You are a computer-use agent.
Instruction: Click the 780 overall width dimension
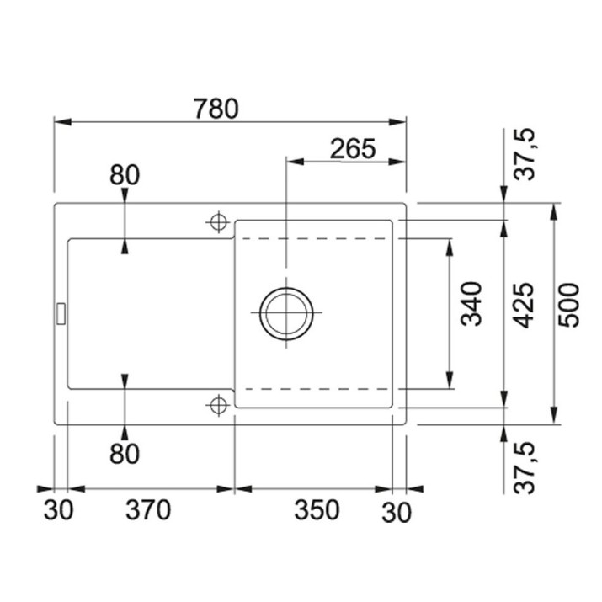point(216,109)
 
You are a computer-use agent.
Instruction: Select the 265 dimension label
point(353,148)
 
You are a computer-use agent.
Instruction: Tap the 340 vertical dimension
point(471,304)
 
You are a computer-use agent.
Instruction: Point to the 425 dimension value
point(524,306)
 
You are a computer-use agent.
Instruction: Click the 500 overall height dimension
point(568,306)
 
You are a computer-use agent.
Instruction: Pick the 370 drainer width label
point(148,510)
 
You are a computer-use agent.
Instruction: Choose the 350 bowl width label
point(317,510)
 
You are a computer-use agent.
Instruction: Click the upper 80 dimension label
point(125,175)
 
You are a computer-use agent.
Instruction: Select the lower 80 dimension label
point(125,454)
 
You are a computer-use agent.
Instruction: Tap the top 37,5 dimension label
point(525,154)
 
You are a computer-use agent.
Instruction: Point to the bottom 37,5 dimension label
point(525,468)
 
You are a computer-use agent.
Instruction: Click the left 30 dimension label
point(58,510)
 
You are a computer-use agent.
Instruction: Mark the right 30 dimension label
point(397,512)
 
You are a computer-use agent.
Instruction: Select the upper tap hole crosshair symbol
point(218,222)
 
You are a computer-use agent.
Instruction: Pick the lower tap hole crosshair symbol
point(218,405)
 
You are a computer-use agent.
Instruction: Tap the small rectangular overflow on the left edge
point(61,314)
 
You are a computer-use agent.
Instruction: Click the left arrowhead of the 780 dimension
point(62,122)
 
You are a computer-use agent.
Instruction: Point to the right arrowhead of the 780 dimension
point(397,122)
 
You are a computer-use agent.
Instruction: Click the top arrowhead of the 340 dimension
point(450,248)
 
